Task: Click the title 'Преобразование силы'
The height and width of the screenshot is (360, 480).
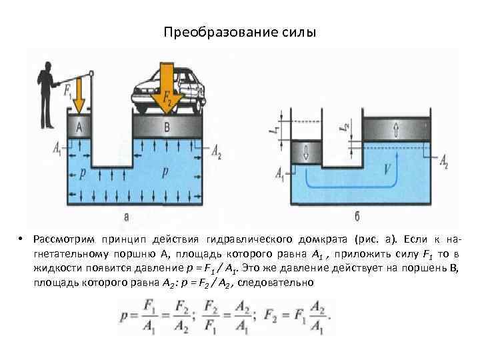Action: pyautogui.click(x=239, y=32)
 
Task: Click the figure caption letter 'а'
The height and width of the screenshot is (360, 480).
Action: pyautogui.click(x=127, y=216)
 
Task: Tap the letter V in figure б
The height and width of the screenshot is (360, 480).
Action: pyautogui.click(x=386, y=169)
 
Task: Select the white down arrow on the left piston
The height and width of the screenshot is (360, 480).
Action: pyautogui.click(x=306, y=151)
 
